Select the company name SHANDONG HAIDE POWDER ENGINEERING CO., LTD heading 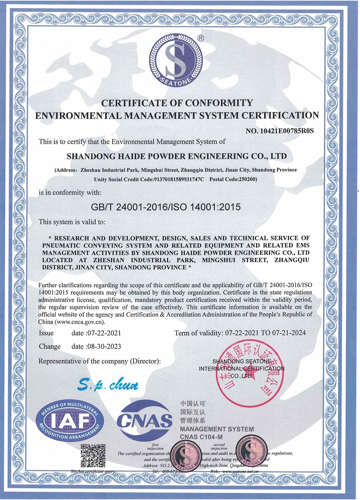(x=177, y=156)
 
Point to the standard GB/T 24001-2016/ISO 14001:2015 (x=166, y=207)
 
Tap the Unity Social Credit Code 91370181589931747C (x=178, y=179)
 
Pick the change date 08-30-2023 (x=104, y=346)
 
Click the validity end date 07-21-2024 (x=289, y=333)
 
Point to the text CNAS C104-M (x=201, y=437)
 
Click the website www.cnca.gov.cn (x=80, y=322)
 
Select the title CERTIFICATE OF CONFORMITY (x=177, y=103)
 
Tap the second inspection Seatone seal (x=251, y=452)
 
